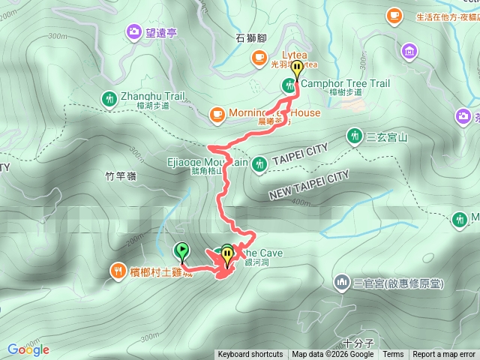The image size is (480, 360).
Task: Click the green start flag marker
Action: point(181,251)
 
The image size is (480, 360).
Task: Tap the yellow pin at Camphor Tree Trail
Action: point(297,70)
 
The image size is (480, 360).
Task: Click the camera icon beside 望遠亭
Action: point(133,31)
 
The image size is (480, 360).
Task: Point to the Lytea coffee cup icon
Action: point(259,55)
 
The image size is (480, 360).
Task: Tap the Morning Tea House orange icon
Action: point(217,113)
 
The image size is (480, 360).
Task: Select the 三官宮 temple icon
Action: point(342,282)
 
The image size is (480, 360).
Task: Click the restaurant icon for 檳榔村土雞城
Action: point(118,270)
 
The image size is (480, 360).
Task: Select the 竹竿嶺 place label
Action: point(121,176)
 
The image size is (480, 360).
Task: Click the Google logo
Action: point(28,349)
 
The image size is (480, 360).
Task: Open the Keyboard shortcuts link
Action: point(250,355)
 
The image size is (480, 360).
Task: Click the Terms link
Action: point(393,355)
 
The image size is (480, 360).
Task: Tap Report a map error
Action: point(444,355)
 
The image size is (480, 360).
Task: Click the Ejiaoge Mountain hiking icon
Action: point(259,163)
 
